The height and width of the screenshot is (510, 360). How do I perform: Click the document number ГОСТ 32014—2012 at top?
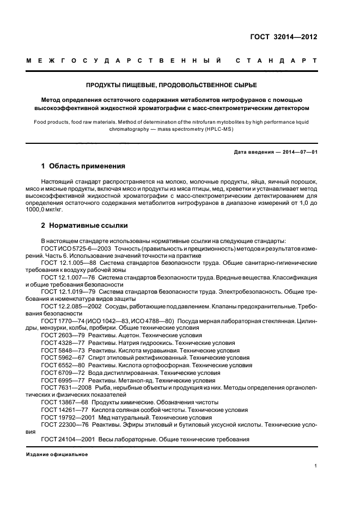[x=291, y=38]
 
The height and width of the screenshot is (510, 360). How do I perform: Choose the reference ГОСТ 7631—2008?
[x=65, y=387]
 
